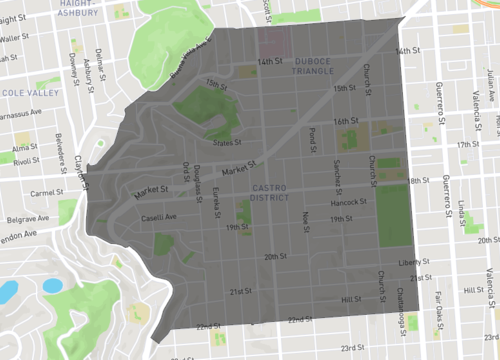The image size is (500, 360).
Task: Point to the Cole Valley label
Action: coord(22,92)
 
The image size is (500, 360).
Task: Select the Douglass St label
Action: coord(198,178)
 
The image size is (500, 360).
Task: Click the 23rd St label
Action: coord(352,348)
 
